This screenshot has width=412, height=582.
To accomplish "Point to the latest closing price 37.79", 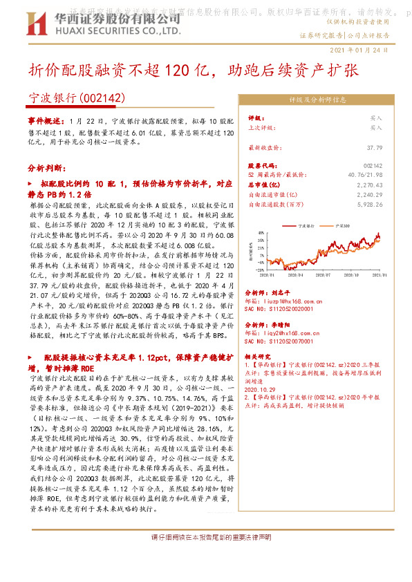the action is tap(374, 148).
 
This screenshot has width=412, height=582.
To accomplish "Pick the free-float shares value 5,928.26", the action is tap(369, 205).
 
